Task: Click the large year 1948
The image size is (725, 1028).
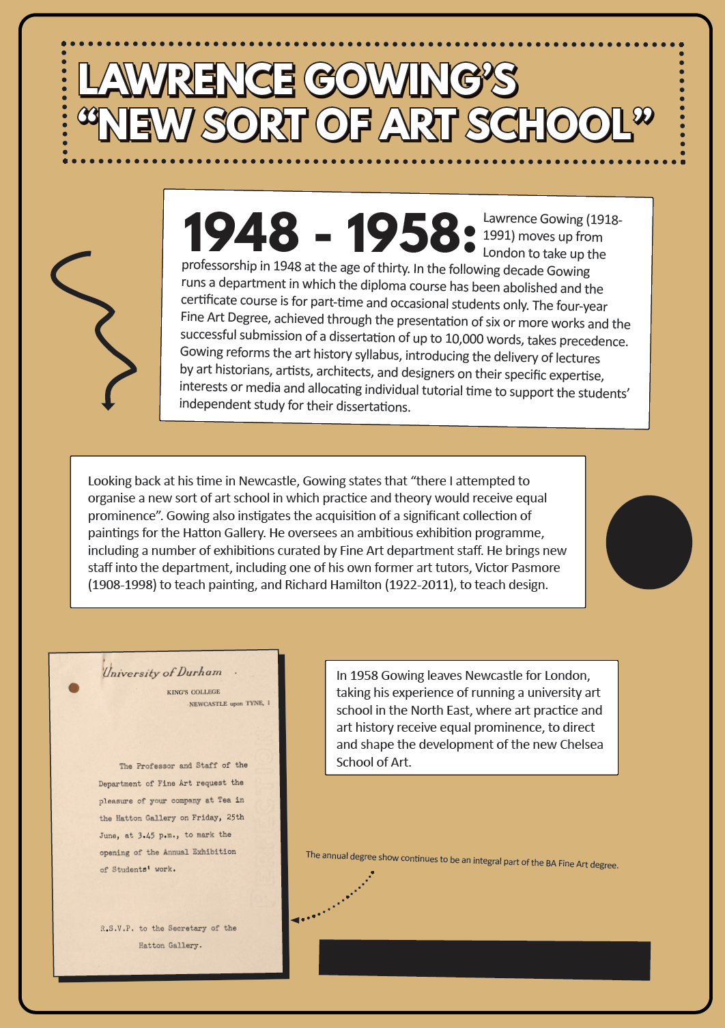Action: coord(241,232)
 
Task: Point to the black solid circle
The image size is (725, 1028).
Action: coord(649,542)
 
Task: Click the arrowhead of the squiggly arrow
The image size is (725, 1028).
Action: coord(108,405)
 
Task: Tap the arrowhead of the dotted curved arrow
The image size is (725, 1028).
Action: coord(296,920)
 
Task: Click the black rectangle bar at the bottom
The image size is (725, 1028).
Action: coord(484,959)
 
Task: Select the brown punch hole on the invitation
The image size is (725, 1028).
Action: coord(74,687)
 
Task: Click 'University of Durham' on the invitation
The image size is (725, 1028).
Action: coord(162,672)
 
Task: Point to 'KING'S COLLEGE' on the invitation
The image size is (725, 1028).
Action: coord(193,692)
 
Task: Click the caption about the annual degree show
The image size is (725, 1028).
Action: coord(461,860)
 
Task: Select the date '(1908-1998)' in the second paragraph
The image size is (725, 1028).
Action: coord(122,585)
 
